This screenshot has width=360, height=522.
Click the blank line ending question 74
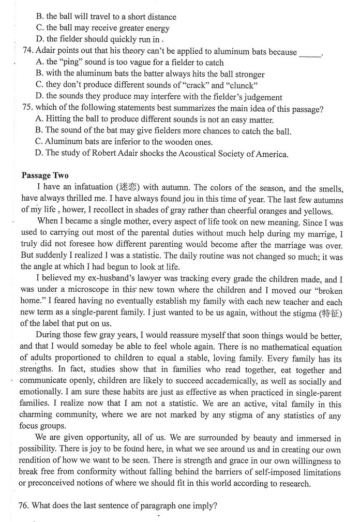pyautogui.click(x=310, y=53)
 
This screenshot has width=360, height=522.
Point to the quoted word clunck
pyautogui.click(x=242, y=85)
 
